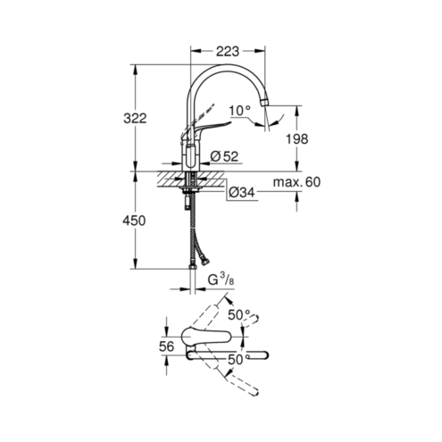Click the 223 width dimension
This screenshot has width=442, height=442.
click(227, 51)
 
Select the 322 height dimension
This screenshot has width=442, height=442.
click(135, 119)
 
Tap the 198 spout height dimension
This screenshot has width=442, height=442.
click(296, 138)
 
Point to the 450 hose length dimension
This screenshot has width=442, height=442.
click(135, 221)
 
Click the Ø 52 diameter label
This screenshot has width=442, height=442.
click(224, 156)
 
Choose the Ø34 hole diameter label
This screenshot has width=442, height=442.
click(242, 193)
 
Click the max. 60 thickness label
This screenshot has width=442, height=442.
click(296, 182)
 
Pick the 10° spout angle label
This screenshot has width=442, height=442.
click(240, 111)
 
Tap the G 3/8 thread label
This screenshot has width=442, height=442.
click(221, 280)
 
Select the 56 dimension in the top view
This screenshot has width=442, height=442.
click(166, 346)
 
